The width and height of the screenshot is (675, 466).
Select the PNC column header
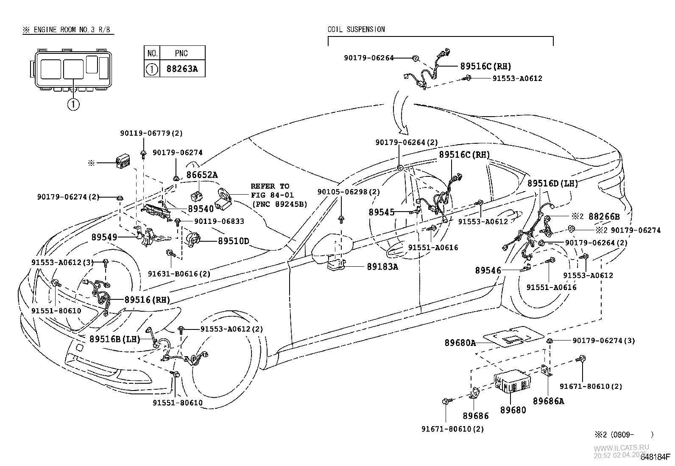[x=181, y=53]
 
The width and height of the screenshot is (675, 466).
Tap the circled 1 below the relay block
[x=73, y=104]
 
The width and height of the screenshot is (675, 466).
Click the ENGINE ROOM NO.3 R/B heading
[x=68, y=30]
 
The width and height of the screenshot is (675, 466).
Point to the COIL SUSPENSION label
[x=356, y=29]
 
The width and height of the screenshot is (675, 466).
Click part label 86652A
[x=202, y=175]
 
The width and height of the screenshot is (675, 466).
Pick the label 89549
[x=104, y=237]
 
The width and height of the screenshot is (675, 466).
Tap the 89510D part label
[x=233, y=241]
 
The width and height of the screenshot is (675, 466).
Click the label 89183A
[x=382, y=267]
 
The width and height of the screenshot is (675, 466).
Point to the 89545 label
[x=382, y=212]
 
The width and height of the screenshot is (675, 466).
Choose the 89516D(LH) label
[x=552, y=183]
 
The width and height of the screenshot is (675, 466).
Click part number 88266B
[x=604, y=217]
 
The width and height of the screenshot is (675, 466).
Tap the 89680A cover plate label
[x=460, y=343]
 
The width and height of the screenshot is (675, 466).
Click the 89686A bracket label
[x=548, y=401]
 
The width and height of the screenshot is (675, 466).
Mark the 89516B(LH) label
[x=114, y=339]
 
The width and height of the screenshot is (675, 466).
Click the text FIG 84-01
[x=272, y=195]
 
